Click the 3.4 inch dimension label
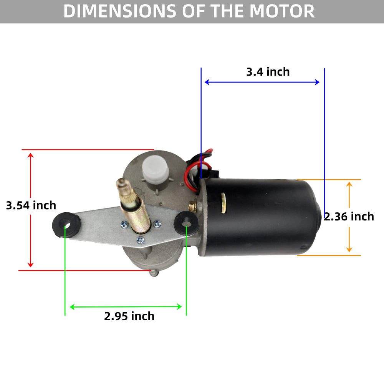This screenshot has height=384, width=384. (268, 72)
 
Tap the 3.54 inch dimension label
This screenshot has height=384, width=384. (31, 205)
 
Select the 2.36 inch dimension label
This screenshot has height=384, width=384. (349, 217)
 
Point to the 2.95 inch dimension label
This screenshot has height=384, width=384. (129, 316)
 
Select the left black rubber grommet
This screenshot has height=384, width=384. (66, 225)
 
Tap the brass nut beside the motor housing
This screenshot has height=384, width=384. (193, 206)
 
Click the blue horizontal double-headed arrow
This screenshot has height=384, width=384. (262, 82)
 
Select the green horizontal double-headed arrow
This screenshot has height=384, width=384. (126, 306)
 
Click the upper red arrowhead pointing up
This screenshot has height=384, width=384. (30, 155)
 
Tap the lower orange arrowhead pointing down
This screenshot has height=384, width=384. (349, 250)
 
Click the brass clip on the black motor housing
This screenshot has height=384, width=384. (223, 203)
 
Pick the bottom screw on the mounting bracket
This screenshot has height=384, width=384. (140, 240)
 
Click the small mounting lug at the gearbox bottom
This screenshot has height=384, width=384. (154, 273)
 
